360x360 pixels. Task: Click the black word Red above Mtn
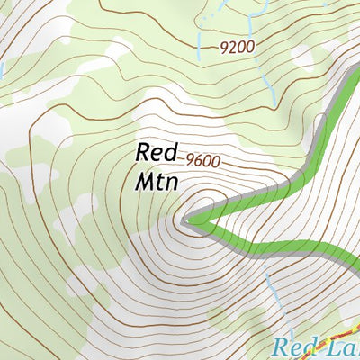click(x=157, y=152)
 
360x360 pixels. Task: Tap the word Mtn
click(x=157, y=180)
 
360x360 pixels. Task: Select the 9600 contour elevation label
click(x=202, y=162)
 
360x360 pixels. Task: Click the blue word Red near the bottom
click(x=294, y=347)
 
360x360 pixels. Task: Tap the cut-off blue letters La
click(x=344, y=347)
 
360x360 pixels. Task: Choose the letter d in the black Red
click(x=172, y=152)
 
